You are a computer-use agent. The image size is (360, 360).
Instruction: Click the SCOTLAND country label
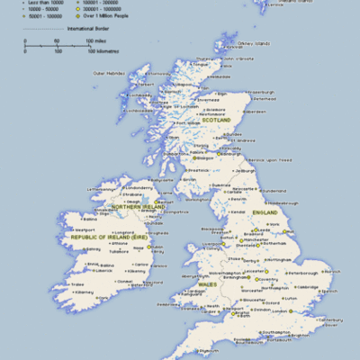[217, 120]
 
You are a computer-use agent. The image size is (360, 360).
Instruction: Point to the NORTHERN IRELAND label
[140, 206]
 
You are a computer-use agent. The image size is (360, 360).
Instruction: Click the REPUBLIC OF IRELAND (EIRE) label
[113, 238]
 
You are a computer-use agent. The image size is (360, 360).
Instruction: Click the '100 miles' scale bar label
[96, 41]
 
